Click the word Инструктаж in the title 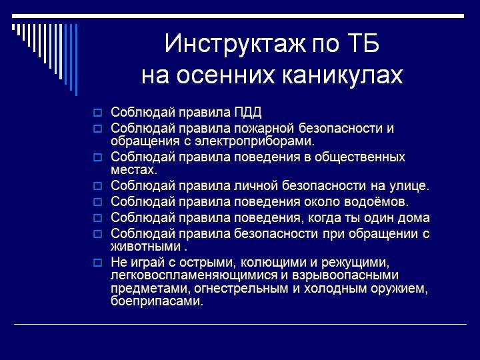(x=235, y=43)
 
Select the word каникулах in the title (x=342, y=75)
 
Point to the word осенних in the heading (x=225, y=75)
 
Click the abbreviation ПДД (x=248, y=113)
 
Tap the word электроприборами (x=255, y=141)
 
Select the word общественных (x=360, y=157)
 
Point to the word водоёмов (x=377, y=202)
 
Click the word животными (x=146, y=247)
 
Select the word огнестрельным (x=241, y=289)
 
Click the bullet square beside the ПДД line (x=97, y=113)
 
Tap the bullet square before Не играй (x=97, y=263)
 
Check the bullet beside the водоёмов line (x=97, y=202)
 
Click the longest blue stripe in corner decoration (x=76, y=60)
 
